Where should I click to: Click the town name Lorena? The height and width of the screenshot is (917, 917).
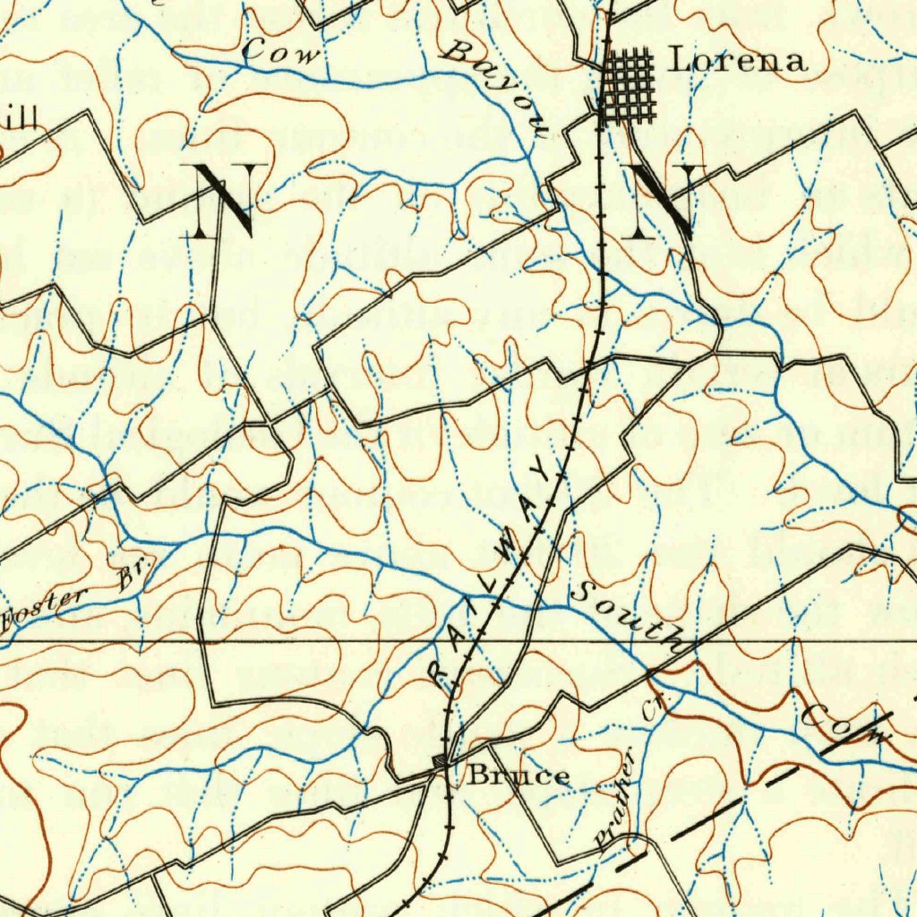coord(738,61)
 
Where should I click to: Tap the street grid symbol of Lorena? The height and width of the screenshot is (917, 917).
coord(628,87)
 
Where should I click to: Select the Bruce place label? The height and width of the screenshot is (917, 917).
coord(518,776)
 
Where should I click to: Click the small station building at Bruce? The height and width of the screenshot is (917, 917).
coord(439,761)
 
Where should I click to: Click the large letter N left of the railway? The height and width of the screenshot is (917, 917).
coord(224,201)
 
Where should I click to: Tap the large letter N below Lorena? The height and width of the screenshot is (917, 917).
coord(663,202)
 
